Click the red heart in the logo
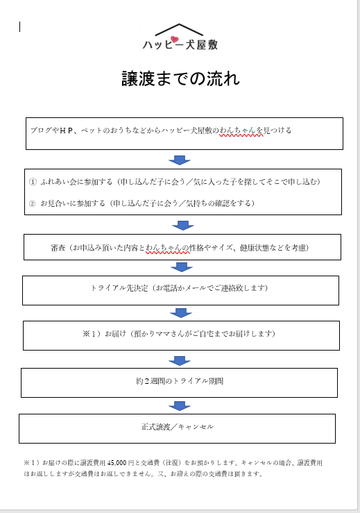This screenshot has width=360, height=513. click(175, 40)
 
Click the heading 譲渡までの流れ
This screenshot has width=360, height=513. click(180, 79)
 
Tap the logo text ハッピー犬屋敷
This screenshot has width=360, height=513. click(180, 44)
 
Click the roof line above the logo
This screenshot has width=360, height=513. click(179, 29)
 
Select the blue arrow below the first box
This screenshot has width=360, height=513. click(180, 160)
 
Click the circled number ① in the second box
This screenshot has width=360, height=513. click(33, 182)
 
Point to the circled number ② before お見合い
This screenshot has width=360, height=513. click(33, 203)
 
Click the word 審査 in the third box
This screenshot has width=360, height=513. click(58, 248)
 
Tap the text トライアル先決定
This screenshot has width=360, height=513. click(119, 288)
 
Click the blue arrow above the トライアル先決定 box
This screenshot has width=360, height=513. click(182, 267)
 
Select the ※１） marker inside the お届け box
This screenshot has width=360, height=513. click(93, 334)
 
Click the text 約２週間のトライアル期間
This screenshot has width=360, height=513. click(180, 381)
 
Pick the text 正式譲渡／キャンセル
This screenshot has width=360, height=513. click(178, 427)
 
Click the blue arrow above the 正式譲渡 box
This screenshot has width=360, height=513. click(180, 406)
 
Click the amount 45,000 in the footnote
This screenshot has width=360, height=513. click(117, 463)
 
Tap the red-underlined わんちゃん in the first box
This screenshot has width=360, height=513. click(241, 131)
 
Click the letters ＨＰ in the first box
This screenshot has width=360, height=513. click(66, 131)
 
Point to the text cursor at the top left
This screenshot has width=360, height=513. click(20, 27)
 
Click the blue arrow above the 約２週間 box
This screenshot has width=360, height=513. click(180, 361)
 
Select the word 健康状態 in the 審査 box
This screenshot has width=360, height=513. click(255, 248)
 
